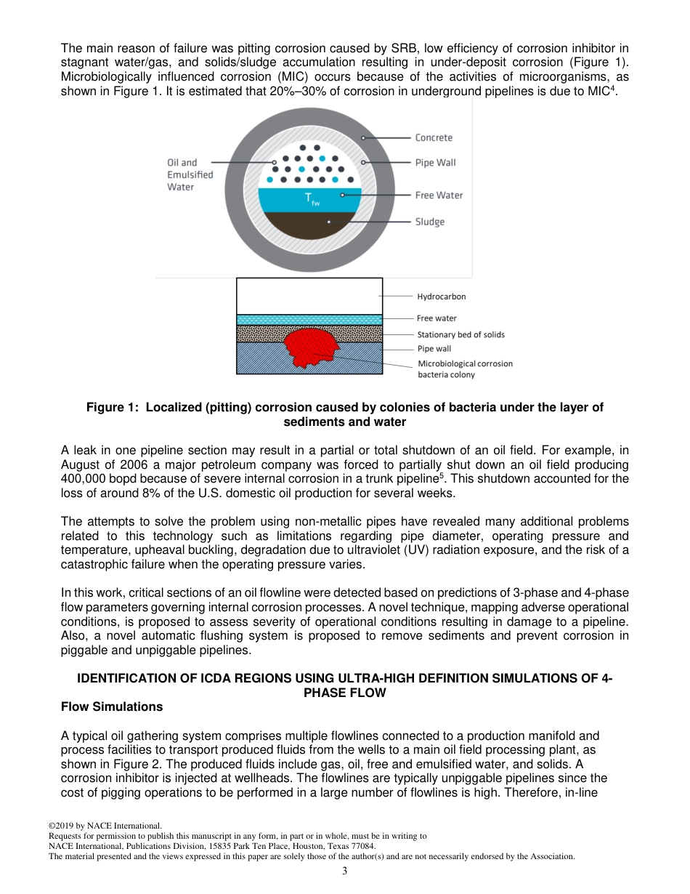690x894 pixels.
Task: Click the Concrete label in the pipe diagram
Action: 434,137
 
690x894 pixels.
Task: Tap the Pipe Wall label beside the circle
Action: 435,162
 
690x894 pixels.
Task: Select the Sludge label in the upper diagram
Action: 429,221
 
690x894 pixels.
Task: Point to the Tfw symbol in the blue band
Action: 311,198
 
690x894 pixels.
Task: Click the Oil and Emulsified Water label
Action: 190,174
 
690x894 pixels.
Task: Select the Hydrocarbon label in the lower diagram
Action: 441,297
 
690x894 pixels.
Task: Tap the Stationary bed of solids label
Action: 460,334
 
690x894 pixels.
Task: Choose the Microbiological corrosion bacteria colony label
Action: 465,369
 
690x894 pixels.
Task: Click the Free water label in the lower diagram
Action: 437,318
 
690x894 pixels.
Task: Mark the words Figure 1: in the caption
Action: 113,407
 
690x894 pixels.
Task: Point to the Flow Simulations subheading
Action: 112,706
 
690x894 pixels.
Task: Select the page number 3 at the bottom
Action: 345,871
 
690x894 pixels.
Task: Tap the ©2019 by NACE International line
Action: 105,826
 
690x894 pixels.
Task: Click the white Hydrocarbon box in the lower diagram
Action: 309,296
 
